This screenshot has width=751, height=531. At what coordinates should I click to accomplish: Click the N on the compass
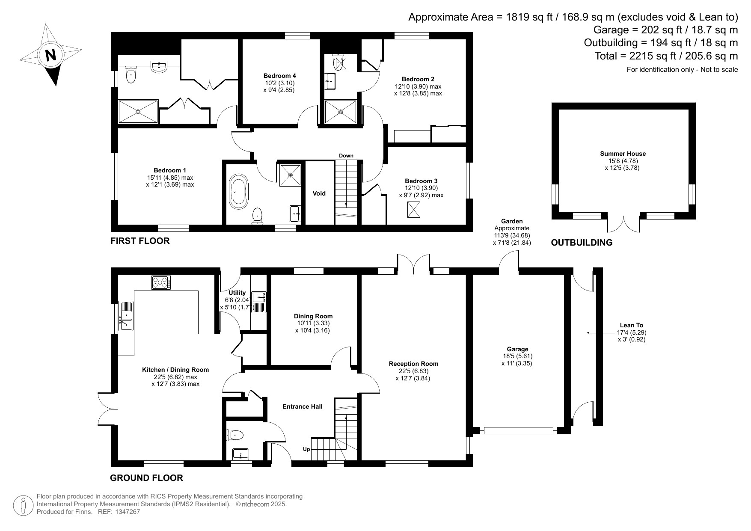(51, 55)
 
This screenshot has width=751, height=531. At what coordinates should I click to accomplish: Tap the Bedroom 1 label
(170, 170)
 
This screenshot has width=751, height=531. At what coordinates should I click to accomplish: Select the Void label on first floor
(319, 193)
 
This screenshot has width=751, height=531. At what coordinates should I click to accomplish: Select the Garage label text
(518, 349)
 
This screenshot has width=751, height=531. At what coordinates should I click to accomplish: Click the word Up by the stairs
(306, 449)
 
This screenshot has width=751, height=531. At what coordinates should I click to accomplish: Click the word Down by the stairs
(346, 156)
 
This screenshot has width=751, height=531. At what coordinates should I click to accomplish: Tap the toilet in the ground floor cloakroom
(235, 435)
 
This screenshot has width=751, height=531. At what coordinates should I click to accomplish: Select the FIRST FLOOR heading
(140, 241)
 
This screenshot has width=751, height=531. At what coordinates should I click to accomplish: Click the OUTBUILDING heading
(582, 243)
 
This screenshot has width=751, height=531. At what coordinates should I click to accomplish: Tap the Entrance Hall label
(303, 406)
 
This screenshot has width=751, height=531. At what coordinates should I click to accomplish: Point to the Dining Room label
(313, 316)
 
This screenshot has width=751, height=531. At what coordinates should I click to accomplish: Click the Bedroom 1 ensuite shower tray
(138, 112)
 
